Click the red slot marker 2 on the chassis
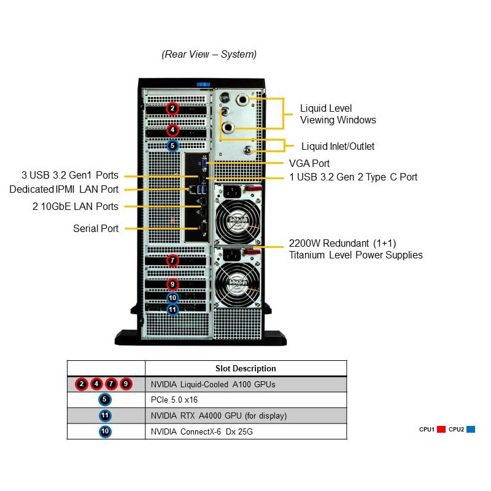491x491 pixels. pyautogui.click(x=172, y=109)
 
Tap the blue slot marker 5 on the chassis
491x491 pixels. pyautogui.click(x=172, y=145)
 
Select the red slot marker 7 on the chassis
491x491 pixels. pyautogui.click(x=172, y=260)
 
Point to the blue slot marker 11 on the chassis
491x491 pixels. pyautogui.click(x=172, y=310)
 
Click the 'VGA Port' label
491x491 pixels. pyautogui.click(x=309, y=163)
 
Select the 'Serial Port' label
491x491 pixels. pyautogui.click(x=96, y=228)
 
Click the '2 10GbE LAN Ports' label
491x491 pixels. pyautogui.click(x=75, y=206)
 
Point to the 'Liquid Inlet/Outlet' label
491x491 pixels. pyautogui.click(x=338, y=146)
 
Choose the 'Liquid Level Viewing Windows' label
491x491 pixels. pyautogui.click(x=338, y=114)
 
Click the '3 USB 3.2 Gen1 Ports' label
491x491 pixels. pyautogui.click(x=70, y=176)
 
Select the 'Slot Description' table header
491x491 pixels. pyautogui.click(x=245, y=368)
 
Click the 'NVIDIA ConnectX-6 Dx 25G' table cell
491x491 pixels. pyautogui.click(x=202, y=431)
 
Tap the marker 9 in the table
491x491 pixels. pyautogui.click(x=126, y=384)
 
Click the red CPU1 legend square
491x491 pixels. pyautogui.click(x=441, y=430)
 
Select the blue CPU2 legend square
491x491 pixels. pyautogui.click(x=471, y=430)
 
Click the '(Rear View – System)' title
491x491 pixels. pyautogui.click(x=209, y=54)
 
